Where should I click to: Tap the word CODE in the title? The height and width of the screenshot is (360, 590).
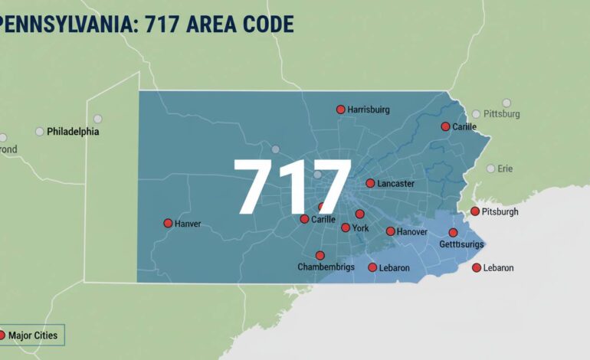click(264, 24)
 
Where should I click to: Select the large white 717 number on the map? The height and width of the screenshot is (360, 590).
click(292, 188)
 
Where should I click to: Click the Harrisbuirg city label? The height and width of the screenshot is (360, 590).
click(369, 110)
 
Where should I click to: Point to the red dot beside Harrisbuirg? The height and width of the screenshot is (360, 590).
click(340, 110)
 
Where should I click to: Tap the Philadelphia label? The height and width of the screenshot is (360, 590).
click(73, 132)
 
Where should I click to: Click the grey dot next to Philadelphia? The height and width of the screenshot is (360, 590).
click(40, 132)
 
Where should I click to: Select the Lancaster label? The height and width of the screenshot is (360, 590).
click(395, 184)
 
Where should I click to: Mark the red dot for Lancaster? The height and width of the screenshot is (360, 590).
click(370, 183)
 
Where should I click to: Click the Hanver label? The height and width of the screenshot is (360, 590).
click(188, 224)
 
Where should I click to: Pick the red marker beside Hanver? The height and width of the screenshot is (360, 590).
click(168, 223)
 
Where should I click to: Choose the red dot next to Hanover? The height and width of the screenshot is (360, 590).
click(390, 231)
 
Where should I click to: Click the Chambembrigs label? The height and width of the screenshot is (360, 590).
click(326, 267)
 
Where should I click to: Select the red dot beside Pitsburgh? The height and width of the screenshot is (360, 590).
click(475, 211)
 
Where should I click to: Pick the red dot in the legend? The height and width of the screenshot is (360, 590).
click(2, 335)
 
